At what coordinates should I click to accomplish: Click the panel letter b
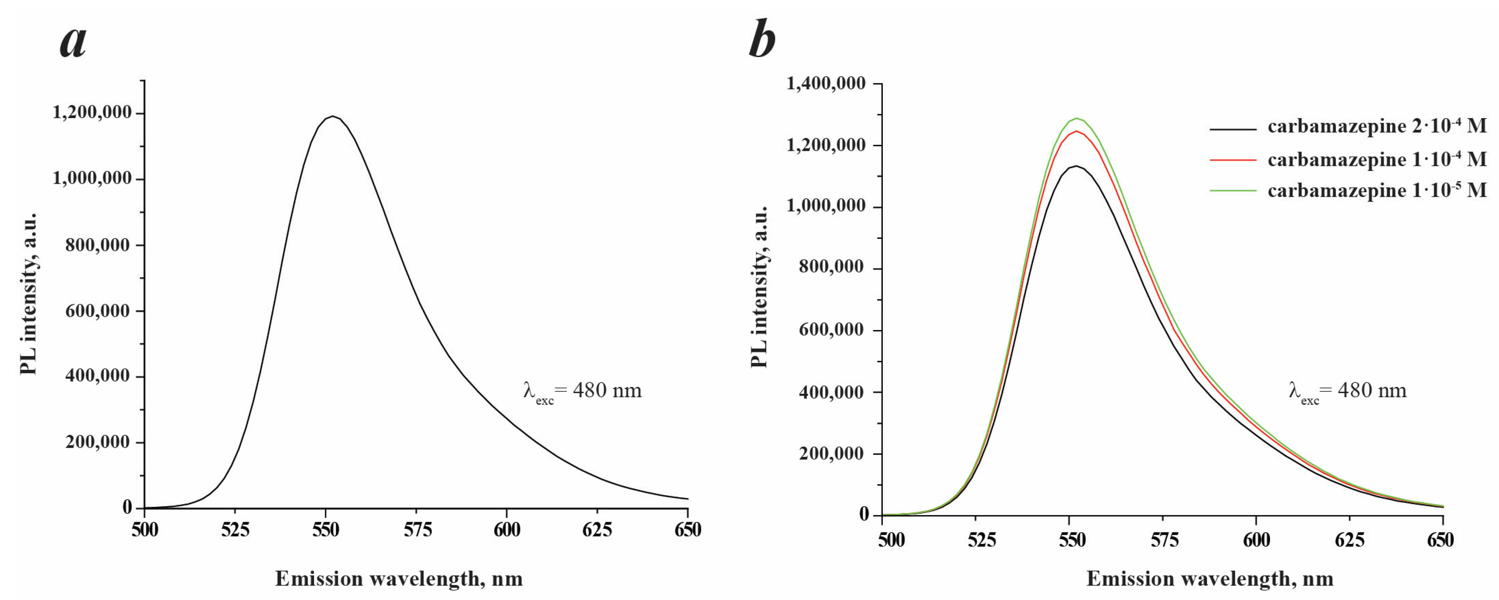762,39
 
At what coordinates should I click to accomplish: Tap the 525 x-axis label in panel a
235,530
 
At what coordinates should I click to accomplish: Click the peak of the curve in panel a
332,116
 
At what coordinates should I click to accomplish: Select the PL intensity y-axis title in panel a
29,294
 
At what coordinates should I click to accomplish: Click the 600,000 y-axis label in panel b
832,330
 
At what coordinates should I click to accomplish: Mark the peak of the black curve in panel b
1078,166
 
